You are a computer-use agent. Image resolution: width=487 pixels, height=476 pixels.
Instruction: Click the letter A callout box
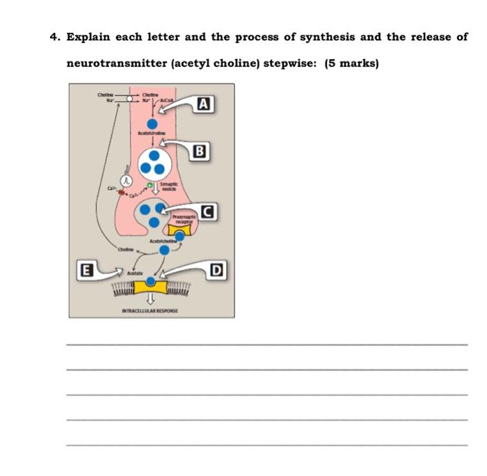[x=202, y=104]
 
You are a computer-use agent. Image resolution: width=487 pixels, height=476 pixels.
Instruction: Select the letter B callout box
[x=200, y=150]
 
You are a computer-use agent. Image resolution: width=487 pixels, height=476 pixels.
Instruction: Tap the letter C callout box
[x=207, y=211]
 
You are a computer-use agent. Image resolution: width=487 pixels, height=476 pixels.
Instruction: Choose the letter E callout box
[x=87, y=269]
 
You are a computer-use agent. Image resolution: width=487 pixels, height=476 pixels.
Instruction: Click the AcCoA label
[x=166, y=101]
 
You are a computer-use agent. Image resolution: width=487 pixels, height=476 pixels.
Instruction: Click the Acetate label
[x=134, y=274]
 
